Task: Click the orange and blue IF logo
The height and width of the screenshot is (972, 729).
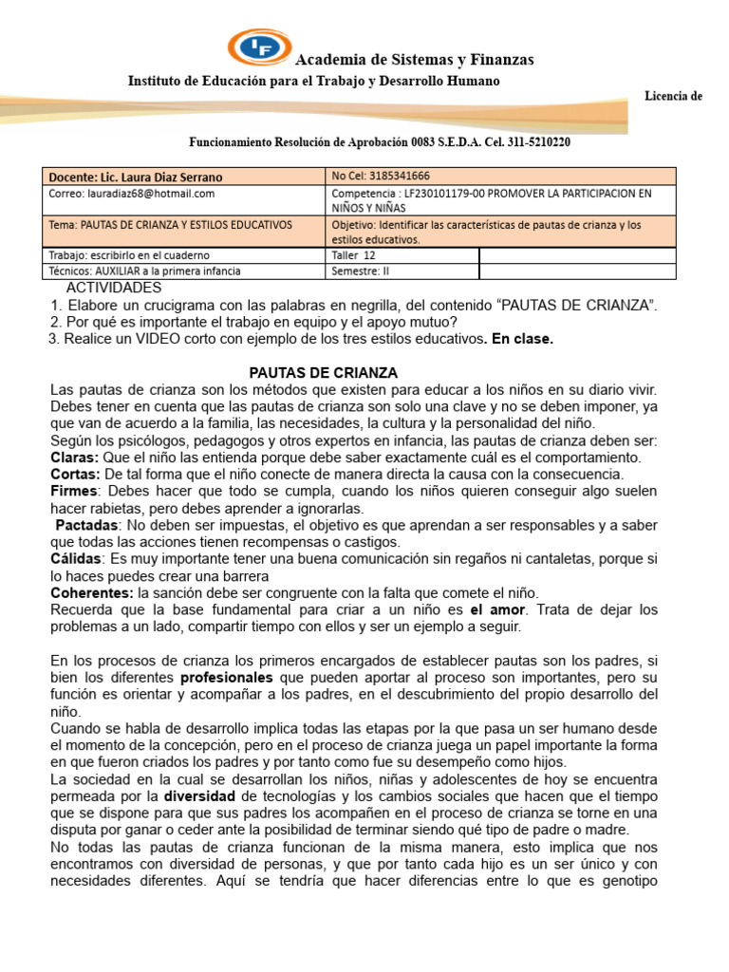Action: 260,47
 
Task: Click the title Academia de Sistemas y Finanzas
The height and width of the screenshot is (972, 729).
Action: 415,60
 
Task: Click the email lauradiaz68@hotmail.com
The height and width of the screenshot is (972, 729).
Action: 132,193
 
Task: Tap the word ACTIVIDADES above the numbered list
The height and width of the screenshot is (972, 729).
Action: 114,288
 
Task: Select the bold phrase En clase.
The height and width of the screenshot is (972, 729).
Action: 522,339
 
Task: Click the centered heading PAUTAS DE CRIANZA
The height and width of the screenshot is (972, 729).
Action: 323,373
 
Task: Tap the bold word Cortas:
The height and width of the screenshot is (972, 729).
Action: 75,474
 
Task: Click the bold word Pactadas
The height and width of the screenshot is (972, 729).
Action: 86,525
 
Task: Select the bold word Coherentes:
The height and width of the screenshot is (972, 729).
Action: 91,592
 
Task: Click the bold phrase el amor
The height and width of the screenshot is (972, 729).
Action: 496,609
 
